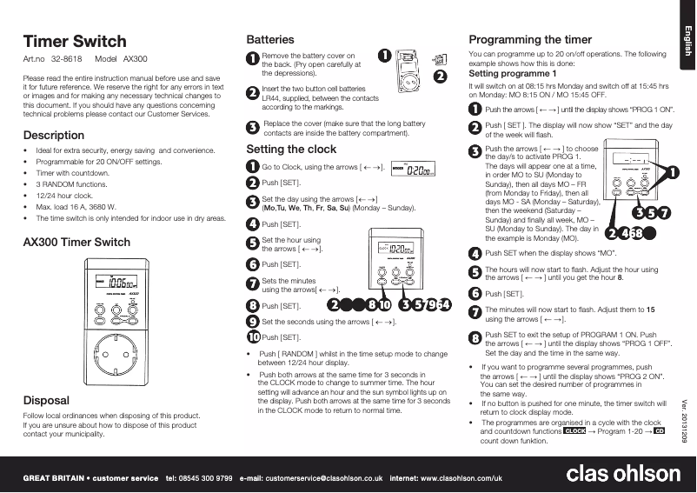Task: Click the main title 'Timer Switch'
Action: (74, 41)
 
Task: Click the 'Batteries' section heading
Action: (270, 39)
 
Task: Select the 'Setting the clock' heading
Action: (291, 149)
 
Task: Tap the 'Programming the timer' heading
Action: (530, 39)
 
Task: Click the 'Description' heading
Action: (53, 135)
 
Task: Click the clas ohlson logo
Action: (623, 474)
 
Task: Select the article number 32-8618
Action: (66, 59)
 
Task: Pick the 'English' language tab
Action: (687, 42)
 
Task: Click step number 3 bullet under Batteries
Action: (253, 127)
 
